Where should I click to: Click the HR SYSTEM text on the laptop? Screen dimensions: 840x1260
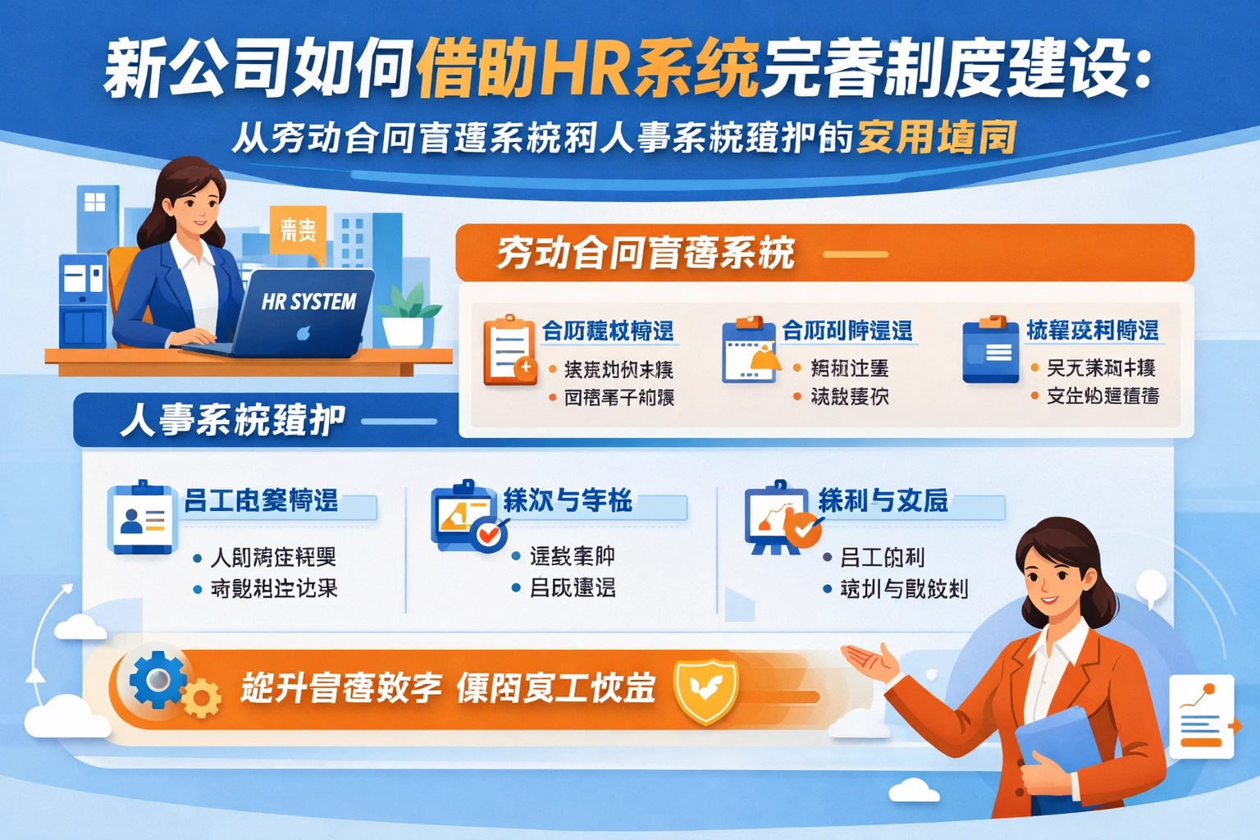(308, 302)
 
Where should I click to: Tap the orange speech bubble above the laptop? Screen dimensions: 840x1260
(297, 230)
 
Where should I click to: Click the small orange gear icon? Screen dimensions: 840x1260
(201, 699)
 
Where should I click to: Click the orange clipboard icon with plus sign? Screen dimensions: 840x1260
(509, 350)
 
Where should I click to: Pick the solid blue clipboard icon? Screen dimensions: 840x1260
(990, 350)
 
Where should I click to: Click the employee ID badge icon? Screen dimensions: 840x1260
(142, 518)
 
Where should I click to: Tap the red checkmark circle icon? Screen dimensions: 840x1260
(490, 534)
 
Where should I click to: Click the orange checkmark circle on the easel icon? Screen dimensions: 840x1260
(803, 529)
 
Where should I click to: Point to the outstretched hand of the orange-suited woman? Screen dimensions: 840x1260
(870, 661)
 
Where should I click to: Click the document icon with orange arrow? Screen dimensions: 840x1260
(1203, 716)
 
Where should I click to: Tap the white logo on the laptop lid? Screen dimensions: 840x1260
(303, 333)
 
